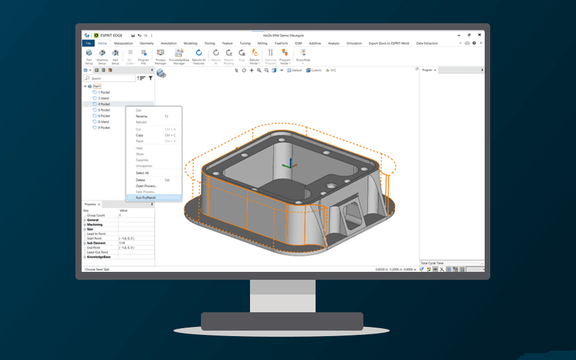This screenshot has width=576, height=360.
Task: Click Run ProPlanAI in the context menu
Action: [x=146, y=198]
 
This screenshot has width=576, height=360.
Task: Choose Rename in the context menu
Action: [x=142, y=116]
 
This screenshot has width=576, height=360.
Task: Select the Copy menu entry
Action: [x=140, y=135]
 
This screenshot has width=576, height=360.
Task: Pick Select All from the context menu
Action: [x=142, y=173]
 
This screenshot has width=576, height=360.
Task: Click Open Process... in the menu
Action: [x=146, y=186]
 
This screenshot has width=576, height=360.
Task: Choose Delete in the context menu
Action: [x=141, y=180]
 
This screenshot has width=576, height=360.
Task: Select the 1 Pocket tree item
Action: [x=104, y=92]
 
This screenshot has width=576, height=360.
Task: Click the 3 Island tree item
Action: [x=103, y=98]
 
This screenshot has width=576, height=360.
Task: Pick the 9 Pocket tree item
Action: [x=104, y=128]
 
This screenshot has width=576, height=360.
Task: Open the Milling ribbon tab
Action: [x=262, y=43]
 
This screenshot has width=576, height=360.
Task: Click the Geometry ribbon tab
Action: [x=147, y=43]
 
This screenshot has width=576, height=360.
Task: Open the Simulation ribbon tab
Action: [x=354, y=43]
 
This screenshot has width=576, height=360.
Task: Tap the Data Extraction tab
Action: [x=427, y=43]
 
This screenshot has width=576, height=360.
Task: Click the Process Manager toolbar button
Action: [x=161, y=56]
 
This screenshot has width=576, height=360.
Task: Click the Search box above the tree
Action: [x=112, y=78]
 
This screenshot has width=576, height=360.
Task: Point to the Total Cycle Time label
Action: [x=432, y=263]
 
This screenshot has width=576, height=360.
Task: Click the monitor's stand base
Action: [x=282, y=321]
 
